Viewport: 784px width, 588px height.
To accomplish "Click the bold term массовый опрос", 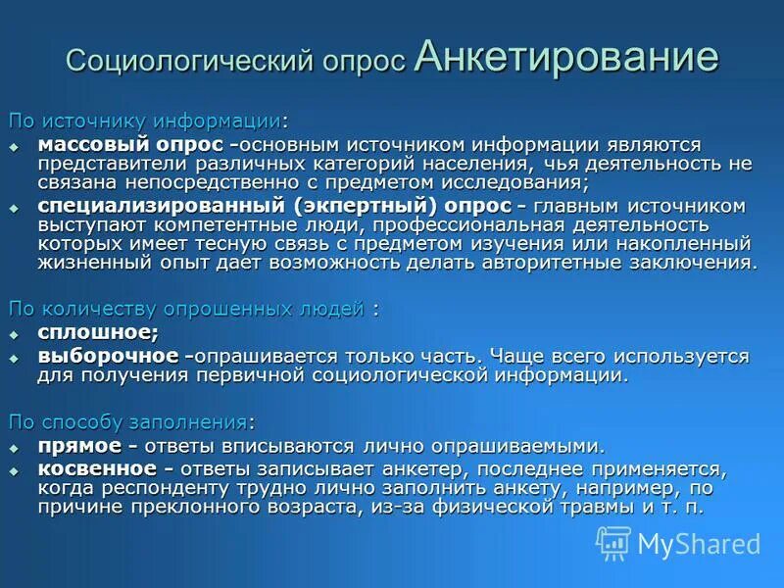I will coord(129,144).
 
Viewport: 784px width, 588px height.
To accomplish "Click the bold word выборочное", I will coord(108,356).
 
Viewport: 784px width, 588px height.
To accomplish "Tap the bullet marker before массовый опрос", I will coord(15,146).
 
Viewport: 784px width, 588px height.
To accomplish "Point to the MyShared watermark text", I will coord(699,544).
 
